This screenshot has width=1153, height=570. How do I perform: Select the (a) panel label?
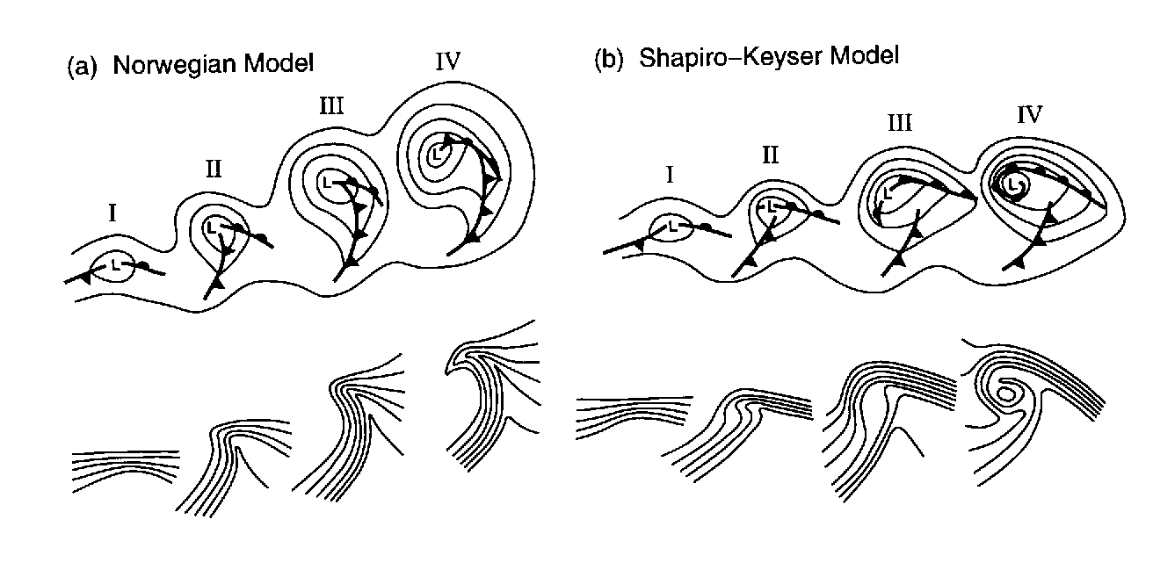(82, 67)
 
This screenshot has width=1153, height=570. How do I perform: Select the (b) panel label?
(608, 58)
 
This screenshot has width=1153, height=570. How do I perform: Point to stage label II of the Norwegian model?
(214, 170)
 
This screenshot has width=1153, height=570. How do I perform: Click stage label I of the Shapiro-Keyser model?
(670, 175)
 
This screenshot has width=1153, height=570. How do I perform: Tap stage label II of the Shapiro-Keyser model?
(770, 156)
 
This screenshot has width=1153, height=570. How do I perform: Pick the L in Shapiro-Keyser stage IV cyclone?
(1017, 184)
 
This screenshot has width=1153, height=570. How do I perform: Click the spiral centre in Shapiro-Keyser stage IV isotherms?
(1008, 394)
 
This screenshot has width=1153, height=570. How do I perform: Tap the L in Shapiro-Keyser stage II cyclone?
(770, 206)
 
